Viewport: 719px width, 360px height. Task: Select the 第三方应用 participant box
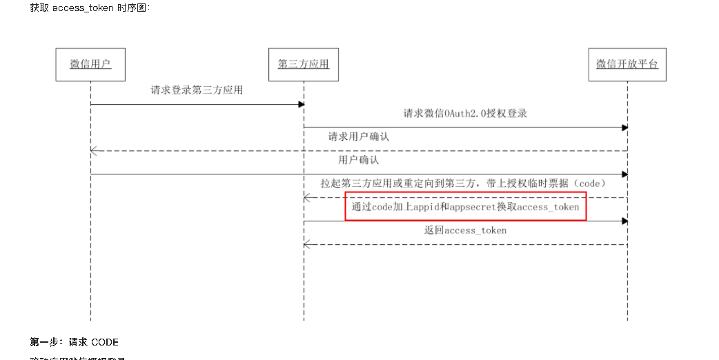pyautogui.click(x=304, y=65)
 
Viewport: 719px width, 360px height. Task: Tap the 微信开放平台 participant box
pyautogui.click(x=627, y=65)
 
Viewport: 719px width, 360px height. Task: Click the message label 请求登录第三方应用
pyautogui.click(x=197, y=90)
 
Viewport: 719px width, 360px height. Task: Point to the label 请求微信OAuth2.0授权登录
pyautogui.click(x=465, y=113)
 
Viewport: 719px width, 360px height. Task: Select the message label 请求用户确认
pyautogui.click(x=358, y=137)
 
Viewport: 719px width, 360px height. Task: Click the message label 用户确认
pyautogui.click(x=358, y=160)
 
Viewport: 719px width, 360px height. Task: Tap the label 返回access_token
pyautogui.click(x=465, y=230)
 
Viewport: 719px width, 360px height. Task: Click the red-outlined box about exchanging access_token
pyautogui.click(x=465, y=207)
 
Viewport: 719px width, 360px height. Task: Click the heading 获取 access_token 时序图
pyautogui.click(x=89, y=8)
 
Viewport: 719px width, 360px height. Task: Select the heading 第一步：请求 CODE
pyautogui.click(x=74, y=342)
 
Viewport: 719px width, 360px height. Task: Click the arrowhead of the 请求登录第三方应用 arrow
pyautogui.click(x=301, y=104)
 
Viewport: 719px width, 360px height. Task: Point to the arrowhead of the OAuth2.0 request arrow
pyautogui.click(x=624, y=128)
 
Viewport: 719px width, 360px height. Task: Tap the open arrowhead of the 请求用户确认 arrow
pyautogui.click(x=94, y=151)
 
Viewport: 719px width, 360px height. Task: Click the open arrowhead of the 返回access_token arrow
pyautogui.click(x=307, y=244)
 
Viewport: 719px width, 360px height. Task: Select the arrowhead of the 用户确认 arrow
pyautogui.click(x=624, y=174)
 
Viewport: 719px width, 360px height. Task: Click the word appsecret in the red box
pyautogui.click(x=471, y=207)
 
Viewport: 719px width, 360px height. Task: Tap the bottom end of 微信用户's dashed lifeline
pyautogui.click(x=90, y=319)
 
